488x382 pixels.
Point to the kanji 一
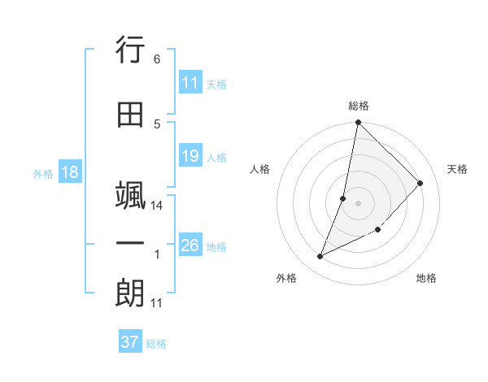[130, 245]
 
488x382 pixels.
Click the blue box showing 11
[190, 83]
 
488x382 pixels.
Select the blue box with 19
[190, 156]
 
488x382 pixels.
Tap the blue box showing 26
[190, 245]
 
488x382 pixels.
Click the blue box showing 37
[130, 342]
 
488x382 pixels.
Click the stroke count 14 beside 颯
[157, 206]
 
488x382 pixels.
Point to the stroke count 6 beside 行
[156, 59]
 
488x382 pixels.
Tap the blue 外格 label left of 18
[43, 173]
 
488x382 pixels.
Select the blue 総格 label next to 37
[156, 343]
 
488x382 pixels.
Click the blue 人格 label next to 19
[216, 157]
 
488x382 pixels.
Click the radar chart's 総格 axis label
[359, 106]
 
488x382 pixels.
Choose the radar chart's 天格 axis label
[457, 169]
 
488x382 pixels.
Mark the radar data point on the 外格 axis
[320, 257]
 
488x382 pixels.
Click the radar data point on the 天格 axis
[420, 183]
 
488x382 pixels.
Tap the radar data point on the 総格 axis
[359, 123]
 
